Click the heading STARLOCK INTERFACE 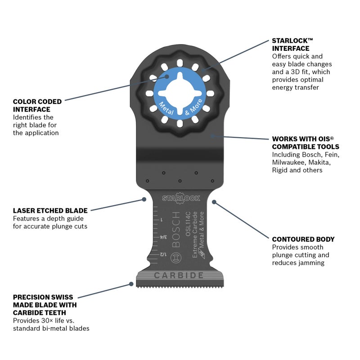(292, 45)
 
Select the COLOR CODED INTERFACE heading (37, 105)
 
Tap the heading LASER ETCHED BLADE (50, 211)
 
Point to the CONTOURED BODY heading (303, 239)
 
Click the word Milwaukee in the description (288, 162)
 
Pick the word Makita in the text (319, 162)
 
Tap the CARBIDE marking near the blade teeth (179, 275)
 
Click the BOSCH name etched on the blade (175, 229)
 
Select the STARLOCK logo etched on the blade (181, 198)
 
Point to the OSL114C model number (188, 224)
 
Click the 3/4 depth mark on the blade (163, 237)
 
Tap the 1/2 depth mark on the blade (163, 254)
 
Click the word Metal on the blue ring (166, 108)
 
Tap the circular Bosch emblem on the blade (176, 257)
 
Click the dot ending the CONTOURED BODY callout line (214, 202)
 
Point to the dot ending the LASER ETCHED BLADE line (144, 199)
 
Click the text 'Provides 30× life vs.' (44, 320)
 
